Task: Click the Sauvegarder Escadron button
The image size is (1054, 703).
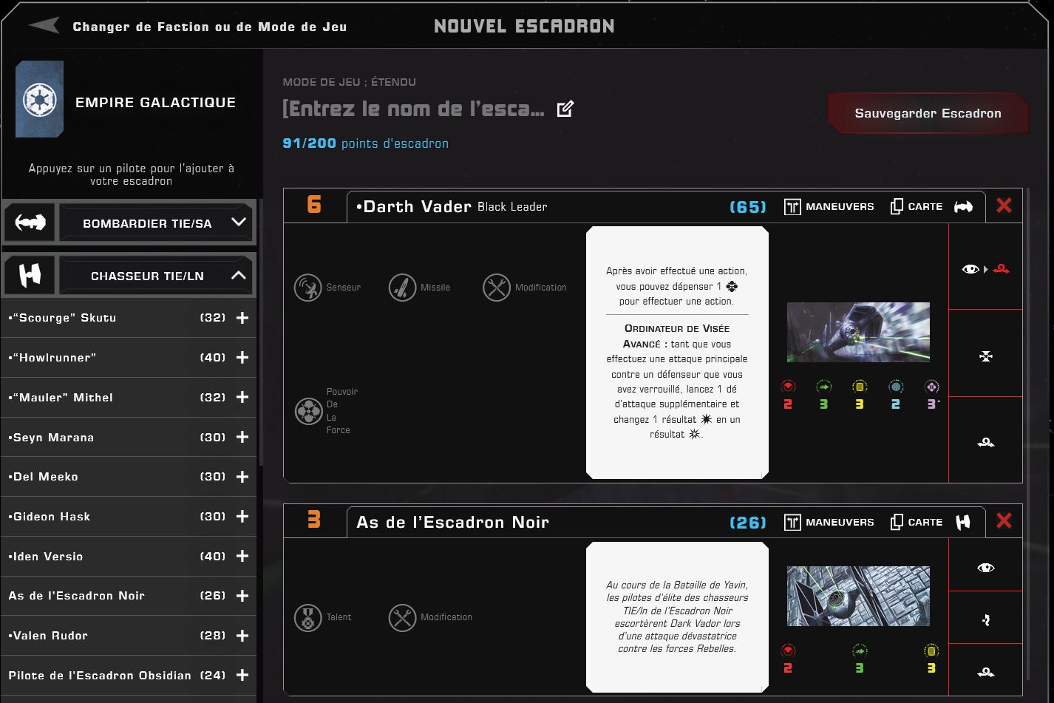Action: [928, 113]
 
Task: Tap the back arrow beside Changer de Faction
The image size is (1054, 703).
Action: [44, 25]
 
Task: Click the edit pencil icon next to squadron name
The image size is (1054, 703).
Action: [565, 109]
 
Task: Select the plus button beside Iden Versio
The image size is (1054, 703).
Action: [242, 556]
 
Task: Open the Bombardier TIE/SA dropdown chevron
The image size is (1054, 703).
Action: [239, 222]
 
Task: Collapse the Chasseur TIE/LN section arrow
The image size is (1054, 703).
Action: [239, 275]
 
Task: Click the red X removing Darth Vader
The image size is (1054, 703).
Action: [1004, 206]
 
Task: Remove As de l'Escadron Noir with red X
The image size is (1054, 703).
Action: [1004, 521]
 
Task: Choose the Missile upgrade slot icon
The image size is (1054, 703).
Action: [402, 287]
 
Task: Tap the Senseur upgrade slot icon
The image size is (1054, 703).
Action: [307, 287]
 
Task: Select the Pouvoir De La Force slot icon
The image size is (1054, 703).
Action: [308, 411]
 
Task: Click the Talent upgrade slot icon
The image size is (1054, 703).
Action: [307, 617]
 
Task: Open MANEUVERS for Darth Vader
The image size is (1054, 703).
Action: [829, 206]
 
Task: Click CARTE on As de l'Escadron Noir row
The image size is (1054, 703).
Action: [917, 523]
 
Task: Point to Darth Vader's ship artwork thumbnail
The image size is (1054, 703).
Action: [858, 332]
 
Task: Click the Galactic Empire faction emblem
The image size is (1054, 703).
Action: [39, 99]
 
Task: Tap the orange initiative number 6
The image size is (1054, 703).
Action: [314, 205]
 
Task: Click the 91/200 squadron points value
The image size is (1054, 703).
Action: [309, 143]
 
